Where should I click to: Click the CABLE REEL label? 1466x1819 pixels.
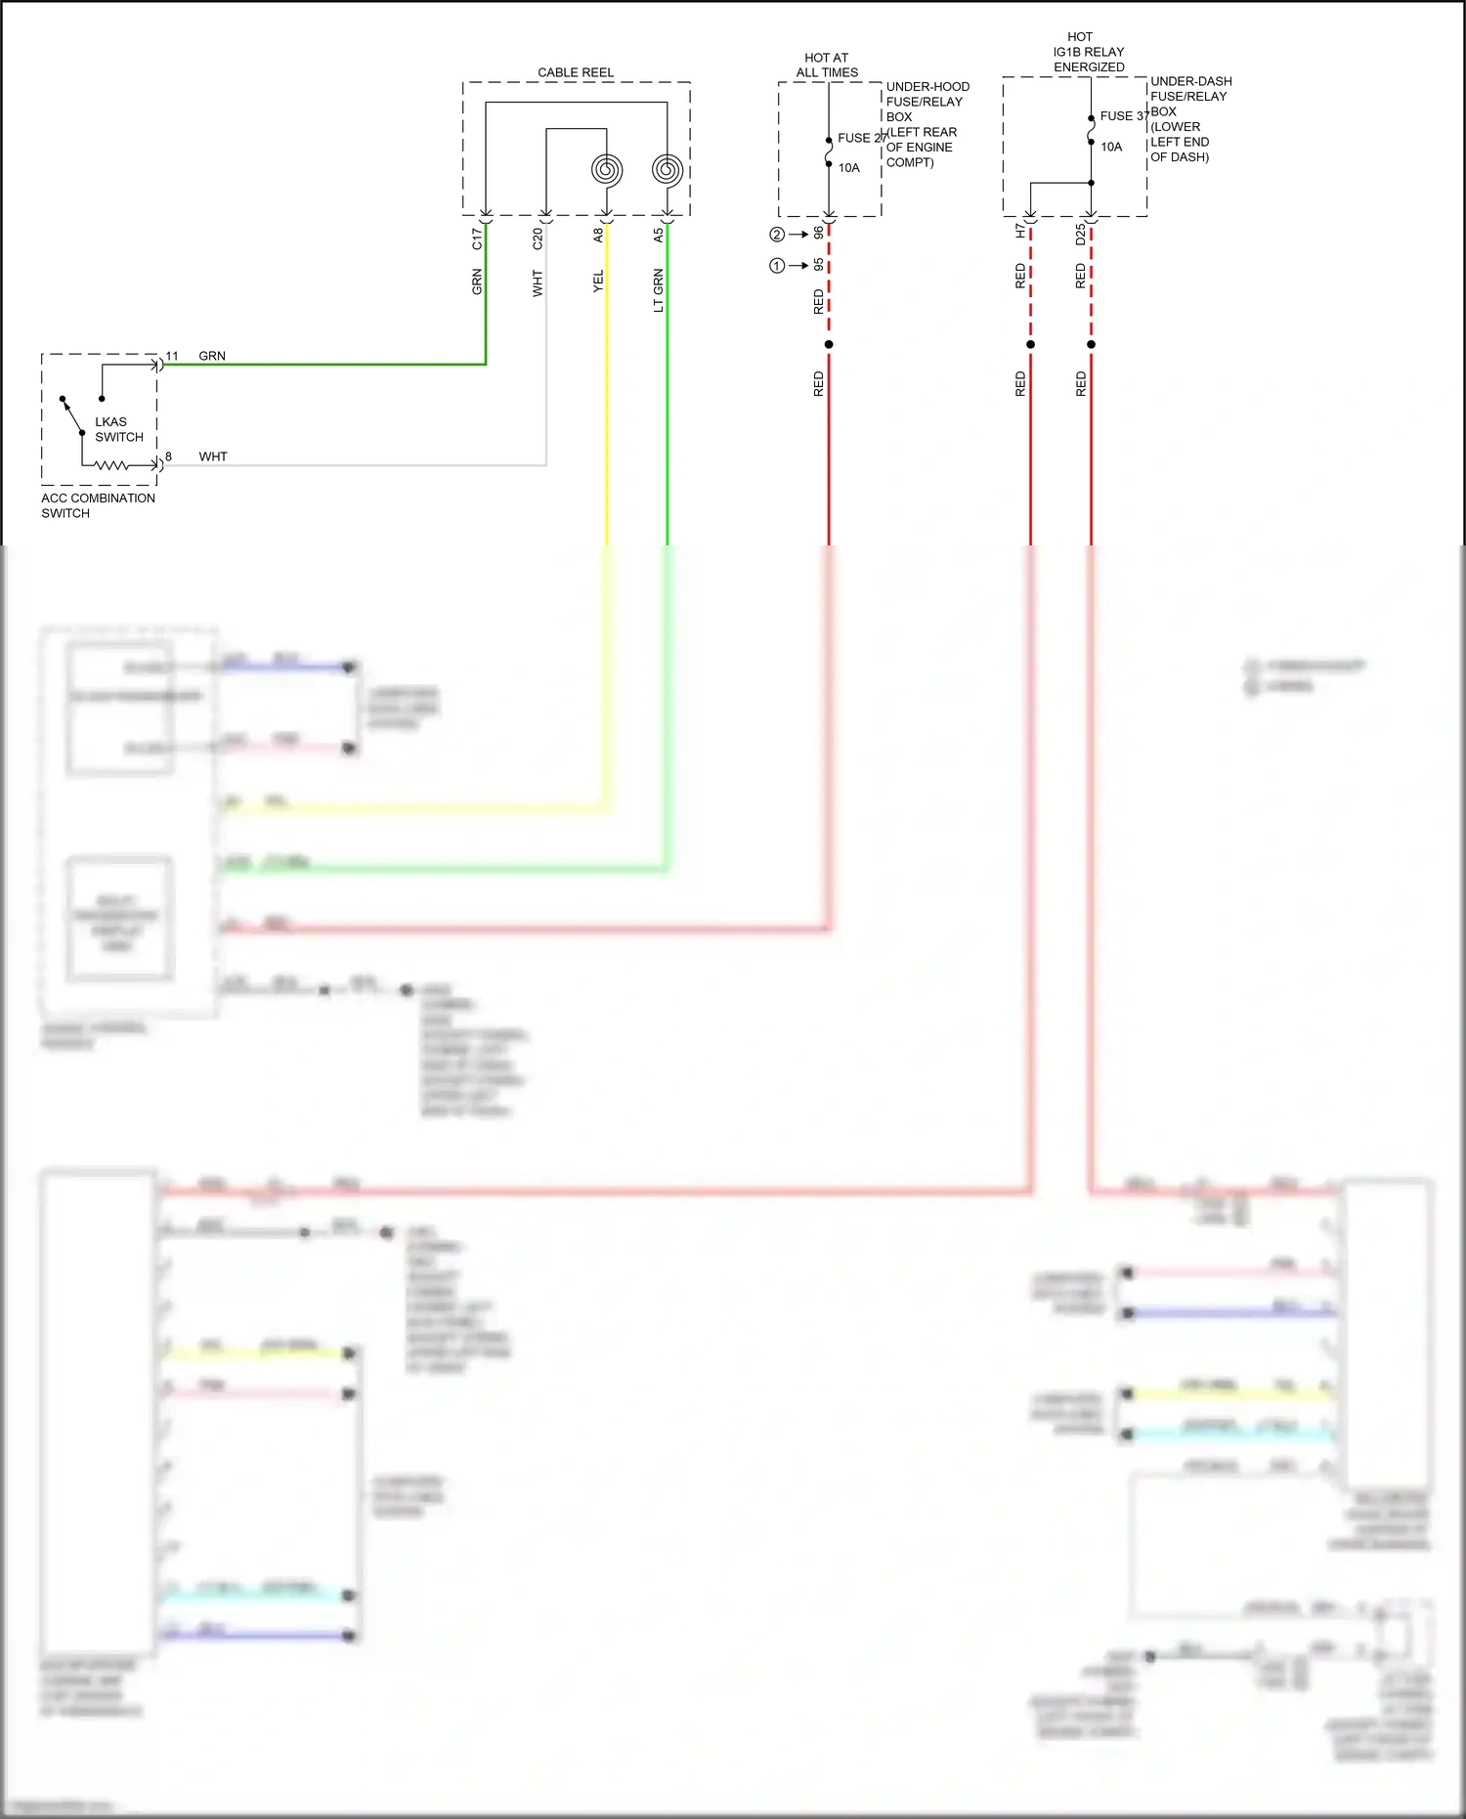[x=576, y=73]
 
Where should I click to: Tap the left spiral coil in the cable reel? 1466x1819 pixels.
[x=607, y=170]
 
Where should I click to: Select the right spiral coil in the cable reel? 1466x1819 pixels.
[x=668, y=170]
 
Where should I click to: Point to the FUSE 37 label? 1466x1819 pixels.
[x=1124, y=116]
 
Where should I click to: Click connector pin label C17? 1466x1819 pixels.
[x=477, y=238]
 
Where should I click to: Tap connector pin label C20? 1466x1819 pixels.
[x=538, y=238]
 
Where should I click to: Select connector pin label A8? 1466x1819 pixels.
[x=598, y=236]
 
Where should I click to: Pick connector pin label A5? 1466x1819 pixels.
[x=659, y=236]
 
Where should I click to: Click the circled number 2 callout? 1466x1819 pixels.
[x=777, y=235]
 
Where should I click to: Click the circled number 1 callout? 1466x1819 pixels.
[x=777, y=266]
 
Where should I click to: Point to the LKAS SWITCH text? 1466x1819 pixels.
[x=118, y=430]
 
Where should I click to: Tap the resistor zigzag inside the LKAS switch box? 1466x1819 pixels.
[x=111, y=466]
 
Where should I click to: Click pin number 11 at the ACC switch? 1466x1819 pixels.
[x=172, y=357]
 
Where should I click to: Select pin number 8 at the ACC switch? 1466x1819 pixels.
[x=169, y=456]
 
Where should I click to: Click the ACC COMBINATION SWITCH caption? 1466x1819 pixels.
[x=98, y=505]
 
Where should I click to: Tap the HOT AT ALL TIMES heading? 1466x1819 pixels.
[x=827, y=65]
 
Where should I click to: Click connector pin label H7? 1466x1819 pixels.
[x=1020, y=232]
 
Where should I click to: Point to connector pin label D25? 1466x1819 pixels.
[x=1081, y=235]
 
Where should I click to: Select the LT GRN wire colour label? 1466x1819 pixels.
[x=659, y=290]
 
